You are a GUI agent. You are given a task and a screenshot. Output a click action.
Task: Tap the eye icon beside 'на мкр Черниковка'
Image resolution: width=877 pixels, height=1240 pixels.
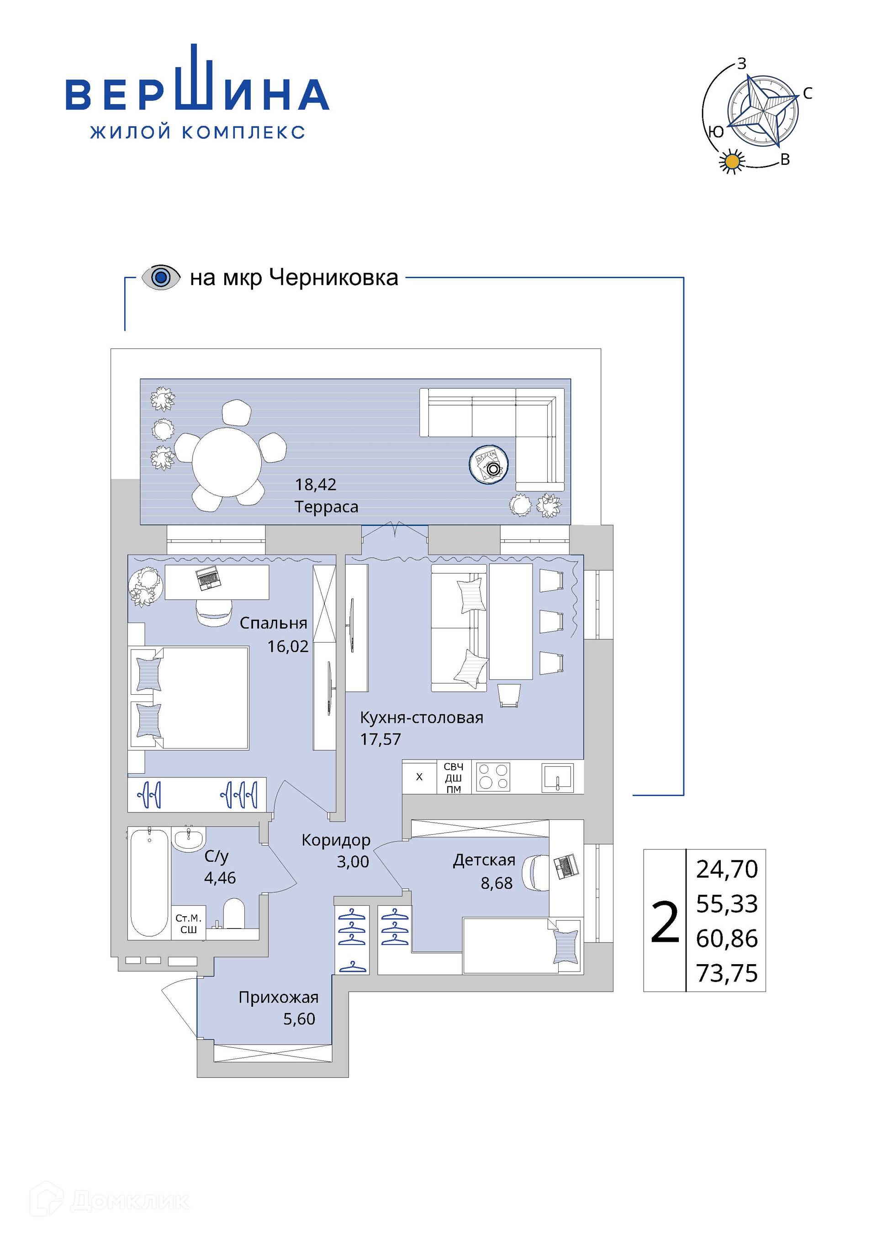[160, 278]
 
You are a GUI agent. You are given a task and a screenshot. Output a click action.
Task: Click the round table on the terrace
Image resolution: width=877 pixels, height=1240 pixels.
[227, 462]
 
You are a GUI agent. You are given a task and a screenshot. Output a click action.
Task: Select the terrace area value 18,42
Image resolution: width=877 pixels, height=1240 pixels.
[315, 485]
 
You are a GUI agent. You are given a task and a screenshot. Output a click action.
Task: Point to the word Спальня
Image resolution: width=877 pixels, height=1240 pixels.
[273, 623]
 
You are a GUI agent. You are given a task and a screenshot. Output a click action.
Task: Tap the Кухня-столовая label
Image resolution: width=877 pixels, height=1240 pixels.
[422, 718]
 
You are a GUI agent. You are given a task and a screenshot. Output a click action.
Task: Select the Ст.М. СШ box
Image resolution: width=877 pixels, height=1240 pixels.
[189, 923]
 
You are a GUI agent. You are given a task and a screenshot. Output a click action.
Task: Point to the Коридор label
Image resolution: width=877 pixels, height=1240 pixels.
[336, 840]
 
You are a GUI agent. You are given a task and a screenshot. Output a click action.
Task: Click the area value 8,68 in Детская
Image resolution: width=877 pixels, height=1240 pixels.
[497, 884]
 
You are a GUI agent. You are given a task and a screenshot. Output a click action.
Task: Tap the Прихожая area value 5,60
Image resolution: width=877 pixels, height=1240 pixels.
[299, 1019]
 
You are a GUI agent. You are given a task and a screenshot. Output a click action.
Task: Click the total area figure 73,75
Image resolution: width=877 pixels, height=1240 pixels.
[727, 973]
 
